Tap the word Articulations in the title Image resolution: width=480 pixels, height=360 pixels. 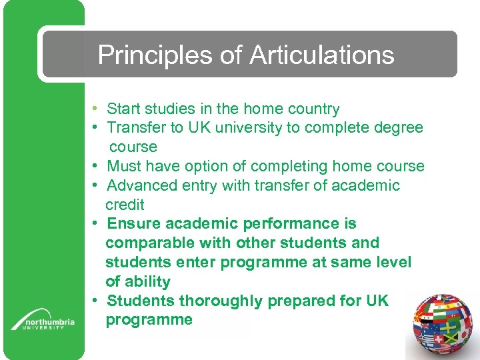pos(322,55)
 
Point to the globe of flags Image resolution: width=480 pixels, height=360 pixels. pos(443,327)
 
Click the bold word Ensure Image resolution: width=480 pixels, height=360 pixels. pos(131,223)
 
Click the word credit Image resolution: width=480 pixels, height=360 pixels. pos(125,205)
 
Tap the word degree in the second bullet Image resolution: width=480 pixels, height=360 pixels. pos(398,127)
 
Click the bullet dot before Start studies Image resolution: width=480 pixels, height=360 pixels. pos(97,108)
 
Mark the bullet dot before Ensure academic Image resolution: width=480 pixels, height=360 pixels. pos(97,223)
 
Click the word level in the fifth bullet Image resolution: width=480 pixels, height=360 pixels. pos(393,262)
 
